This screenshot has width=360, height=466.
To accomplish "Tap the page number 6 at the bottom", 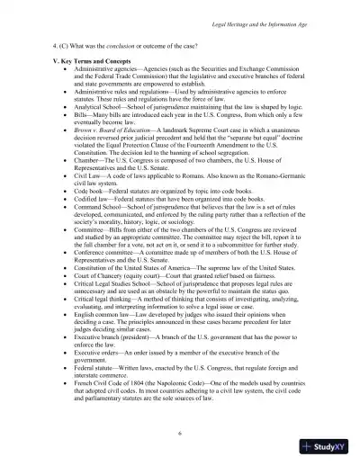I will coord(180,432).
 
